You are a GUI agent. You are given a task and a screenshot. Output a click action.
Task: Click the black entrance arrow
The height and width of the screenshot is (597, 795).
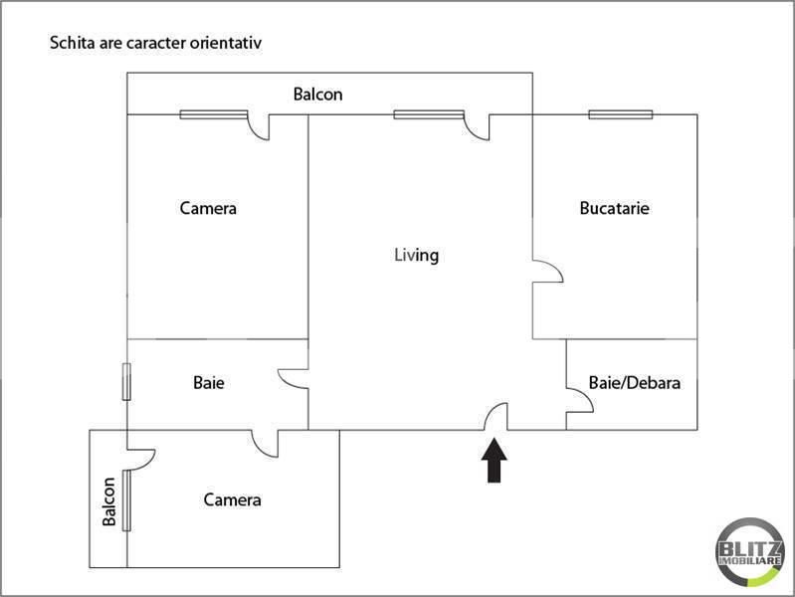tap(495, 462)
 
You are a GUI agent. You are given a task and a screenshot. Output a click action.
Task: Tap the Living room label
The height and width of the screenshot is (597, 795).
tap(416, 255)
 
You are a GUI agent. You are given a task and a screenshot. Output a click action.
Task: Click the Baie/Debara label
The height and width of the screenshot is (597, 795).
tap(634, 382)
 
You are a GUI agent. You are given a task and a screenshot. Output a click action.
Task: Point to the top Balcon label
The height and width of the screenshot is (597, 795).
tap(317, 95)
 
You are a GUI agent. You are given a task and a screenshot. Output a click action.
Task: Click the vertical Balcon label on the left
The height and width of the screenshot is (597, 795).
tap(108, 499)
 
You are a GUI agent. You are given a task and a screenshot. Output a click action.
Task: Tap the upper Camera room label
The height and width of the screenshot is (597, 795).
tap(208, 209)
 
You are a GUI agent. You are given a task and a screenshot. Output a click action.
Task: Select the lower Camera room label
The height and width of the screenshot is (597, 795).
tap(232, 499)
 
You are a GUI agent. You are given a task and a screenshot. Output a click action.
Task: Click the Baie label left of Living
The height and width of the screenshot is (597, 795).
tap(207, 382)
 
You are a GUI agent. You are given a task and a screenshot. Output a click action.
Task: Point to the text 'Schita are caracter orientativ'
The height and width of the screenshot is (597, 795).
tap(155, 44)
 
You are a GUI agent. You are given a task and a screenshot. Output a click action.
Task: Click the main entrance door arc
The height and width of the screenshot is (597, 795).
tap(496, 418)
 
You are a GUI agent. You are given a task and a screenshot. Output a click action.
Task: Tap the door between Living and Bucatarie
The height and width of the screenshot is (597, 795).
tap(547, 272)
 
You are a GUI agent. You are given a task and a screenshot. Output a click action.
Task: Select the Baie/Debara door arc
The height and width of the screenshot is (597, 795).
tap(580, 400)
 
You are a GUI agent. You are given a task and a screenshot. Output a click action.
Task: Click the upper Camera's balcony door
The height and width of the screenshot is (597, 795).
tap(259, 127)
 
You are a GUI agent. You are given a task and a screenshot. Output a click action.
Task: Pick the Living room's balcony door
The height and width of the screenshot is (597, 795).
tap(478, 127)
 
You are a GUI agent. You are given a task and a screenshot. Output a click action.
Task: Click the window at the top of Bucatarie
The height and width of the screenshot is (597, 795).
tap(620, 114)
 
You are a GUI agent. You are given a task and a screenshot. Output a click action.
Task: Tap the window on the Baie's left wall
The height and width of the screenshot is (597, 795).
tap(126, 382)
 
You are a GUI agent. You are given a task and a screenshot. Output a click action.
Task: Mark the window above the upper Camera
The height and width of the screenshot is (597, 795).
tap(213, 114)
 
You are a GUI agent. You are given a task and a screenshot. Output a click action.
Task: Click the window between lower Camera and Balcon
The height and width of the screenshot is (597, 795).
tap(126, 499)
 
